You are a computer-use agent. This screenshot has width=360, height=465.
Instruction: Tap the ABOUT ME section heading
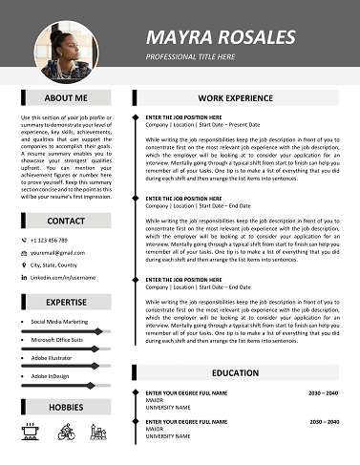tap(66, 97)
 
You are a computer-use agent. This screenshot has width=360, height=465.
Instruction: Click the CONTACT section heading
tap(66, 221)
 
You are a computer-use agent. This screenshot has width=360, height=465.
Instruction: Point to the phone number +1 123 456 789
tap(62, 240)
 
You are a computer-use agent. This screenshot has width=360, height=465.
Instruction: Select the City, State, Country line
tap(67, 264)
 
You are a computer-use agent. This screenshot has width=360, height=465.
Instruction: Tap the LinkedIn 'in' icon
tap(24, 277)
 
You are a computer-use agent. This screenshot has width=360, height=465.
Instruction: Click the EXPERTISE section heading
tap(66, 303)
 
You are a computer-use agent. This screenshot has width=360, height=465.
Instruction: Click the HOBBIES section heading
tap(66, 408)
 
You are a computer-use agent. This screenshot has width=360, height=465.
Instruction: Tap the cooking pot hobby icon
tap(30, 432)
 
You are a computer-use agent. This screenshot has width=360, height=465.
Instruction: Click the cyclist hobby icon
tap(65, 432)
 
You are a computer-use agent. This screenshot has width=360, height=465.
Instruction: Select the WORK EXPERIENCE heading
tap(235, 97)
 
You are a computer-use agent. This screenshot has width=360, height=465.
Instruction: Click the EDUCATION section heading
tap(235, 372)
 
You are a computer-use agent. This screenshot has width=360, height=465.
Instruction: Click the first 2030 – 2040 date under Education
tap(323, 392)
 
